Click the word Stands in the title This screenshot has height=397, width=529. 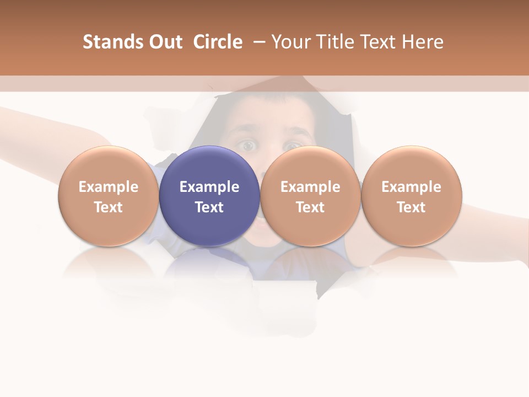[112, 42]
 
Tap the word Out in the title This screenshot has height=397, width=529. [165, 42]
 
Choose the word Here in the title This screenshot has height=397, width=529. [422, 42]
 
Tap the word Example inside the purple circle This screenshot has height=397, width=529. [209, 187]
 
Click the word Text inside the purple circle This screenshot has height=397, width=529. [209, 207]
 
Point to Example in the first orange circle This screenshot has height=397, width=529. [109, 187]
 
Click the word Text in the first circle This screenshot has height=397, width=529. [109, 207]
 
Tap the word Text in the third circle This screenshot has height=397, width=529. [310, 207]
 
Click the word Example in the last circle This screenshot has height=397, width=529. [412, 187]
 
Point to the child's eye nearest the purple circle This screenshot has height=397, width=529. [247, 146]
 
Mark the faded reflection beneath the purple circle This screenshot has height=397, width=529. [209, 265]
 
